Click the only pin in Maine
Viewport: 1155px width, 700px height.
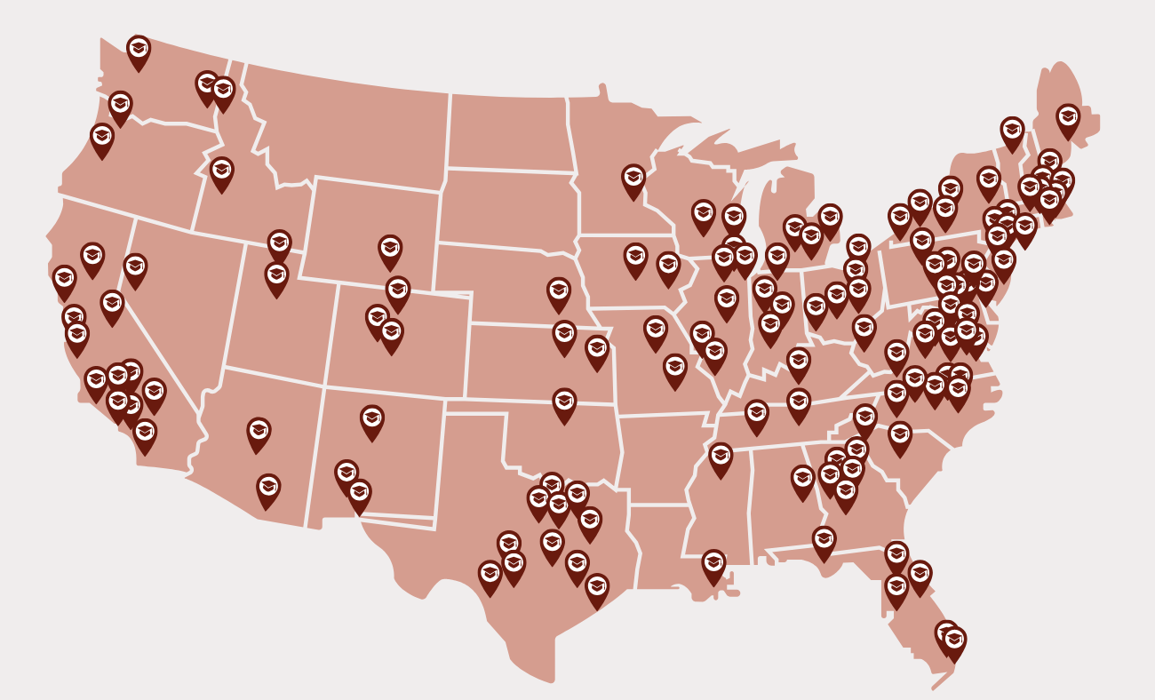(1068, 119)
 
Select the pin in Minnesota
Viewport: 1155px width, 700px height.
(633, 179)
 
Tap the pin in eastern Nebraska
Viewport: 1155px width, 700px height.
(559, 292)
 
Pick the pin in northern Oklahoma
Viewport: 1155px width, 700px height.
(564, 402)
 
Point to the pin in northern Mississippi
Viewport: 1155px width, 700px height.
(721, 457)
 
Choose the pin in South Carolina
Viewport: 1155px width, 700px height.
(900, 435)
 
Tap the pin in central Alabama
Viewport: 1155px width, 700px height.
(803, 479)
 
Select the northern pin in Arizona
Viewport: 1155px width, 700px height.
(259, 432)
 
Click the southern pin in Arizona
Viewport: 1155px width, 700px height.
(268, 488)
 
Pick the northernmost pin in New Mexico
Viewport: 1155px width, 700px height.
(372, 419)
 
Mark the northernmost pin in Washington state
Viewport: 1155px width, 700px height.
(139, 50)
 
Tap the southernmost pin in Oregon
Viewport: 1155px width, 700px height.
(102, 138)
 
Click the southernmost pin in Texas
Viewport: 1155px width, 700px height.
(597, 588)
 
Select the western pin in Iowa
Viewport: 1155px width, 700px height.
(635, 258)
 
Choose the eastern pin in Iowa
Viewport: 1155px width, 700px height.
(668, 266)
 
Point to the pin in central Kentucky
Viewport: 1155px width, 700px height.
(799, 362)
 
